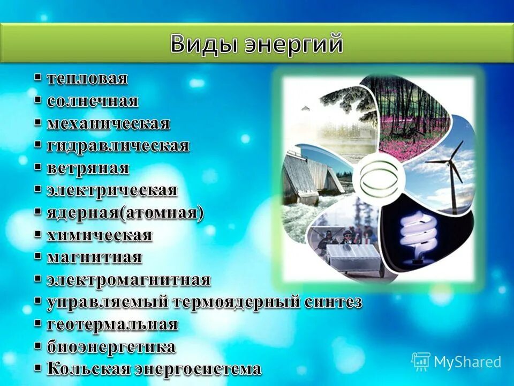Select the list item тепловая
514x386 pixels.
click(x=87, y=79)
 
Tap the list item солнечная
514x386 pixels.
click(x=92, y=101)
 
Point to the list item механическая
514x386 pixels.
click(x=108, y=123)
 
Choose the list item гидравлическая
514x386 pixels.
click(x=118, y=146)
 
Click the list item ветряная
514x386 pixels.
click(x=88, y=168)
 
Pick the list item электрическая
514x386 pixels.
click(x=111, y=190)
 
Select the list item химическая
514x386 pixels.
click(x=100, y=235)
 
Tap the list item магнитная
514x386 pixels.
click(x=94, y=257)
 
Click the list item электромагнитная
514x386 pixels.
click(x=128, y=280)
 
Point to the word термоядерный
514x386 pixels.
click(x=236, y=302)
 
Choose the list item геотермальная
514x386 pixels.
click(x=112, y=324)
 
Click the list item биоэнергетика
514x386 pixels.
click(x=111, y=347)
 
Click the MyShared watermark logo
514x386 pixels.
click(x=456, y=362)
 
